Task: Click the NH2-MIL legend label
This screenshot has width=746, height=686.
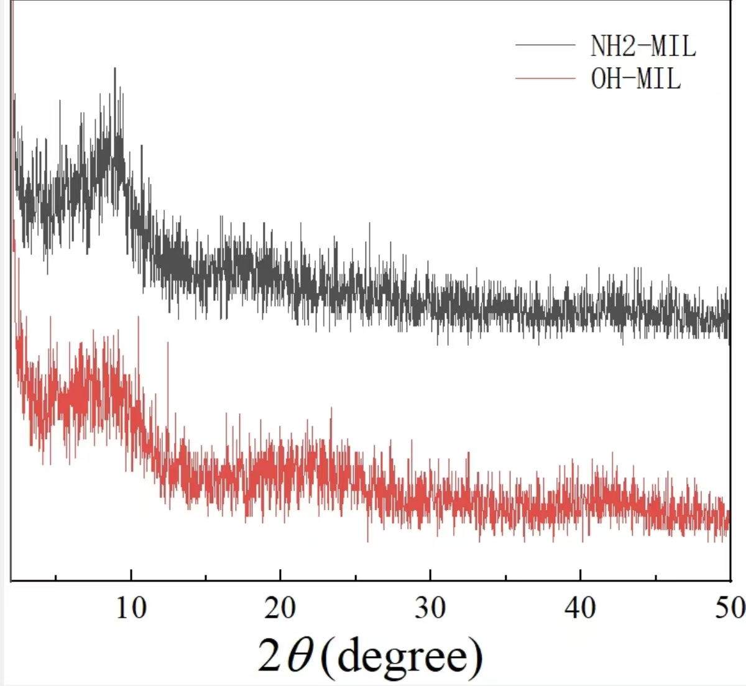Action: pos(643,46)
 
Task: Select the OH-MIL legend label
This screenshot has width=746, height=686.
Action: pos(635,79)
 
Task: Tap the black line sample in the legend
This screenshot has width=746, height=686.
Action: pos(545,45)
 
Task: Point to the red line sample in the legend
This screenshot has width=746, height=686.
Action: pos(545,78)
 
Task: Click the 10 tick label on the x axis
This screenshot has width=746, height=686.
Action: pos(131,608)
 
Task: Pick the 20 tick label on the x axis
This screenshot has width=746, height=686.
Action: pos(280,608)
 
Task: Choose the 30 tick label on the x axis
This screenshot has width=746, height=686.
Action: pos(430,608)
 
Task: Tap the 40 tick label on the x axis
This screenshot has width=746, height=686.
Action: pos(580,608)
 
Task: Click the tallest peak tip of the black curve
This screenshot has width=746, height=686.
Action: pos(115,68)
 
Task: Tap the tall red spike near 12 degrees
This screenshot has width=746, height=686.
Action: pos(167,343)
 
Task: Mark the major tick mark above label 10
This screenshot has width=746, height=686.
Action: pos(131,575)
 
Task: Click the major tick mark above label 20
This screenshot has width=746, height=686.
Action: pos(280,575)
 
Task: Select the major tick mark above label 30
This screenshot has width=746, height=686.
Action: pos(430,575)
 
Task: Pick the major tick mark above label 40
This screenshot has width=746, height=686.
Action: pos(580,575)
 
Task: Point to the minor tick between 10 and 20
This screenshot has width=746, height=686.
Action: pos(206,577)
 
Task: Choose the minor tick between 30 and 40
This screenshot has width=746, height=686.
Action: pos(505,577)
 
